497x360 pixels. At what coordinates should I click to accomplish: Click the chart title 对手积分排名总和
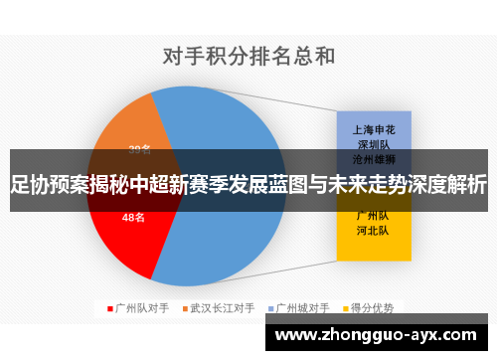pyautogui.click(x=248, y=55)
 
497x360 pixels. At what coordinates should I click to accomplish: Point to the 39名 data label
pyautogui.click(x=140, y=150)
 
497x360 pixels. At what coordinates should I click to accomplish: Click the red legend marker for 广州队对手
pyautogui.click(x=110, y=308)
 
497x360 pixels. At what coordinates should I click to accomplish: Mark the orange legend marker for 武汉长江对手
pyautogui.click(x=185, y=308)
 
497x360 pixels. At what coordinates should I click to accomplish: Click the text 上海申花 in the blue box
pyautogui.click(x=374, y=128)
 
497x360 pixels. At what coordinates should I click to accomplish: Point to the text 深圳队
pyautogui.click(x=374, y=143)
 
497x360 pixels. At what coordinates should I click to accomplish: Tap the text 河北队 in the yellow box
pyautogui.click(x=374, y=231)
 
